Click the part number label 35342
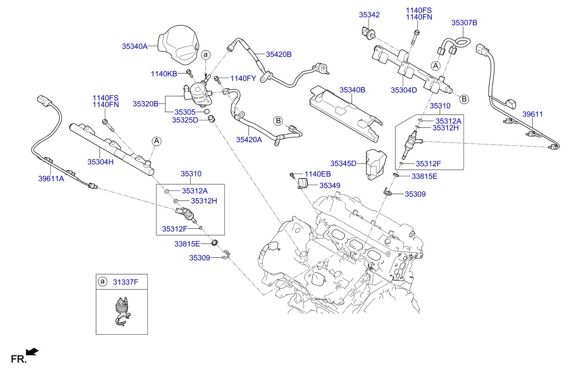pyautogui.click(x=369, y=15)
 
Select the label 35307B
pyautogui.click(x=464, y=22)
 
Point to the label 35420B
pyautogui.click(x=279, y=54)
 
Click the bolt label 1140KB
pyautogui.click(x=164, y=74)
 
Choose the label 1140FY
pyautogui.click(x=243, y=79)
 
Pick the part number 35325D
pyautogui.click(x=185, y=120)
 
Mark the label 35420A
pyautogui.click(x=249, y=140)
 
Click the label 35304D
pyautogui.click(x=404, y=90)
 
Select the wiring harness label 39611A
pyautogui.click(x=51, y=178)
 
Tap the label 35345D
pyautogui.click(x=343, y=164)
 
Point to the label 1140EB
pyautogui.click(x=318, y=174)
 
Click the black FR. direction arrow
pyautogui.click(x=32, y=351)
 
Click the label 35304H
pyautogui.click(x=100, y=161)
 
